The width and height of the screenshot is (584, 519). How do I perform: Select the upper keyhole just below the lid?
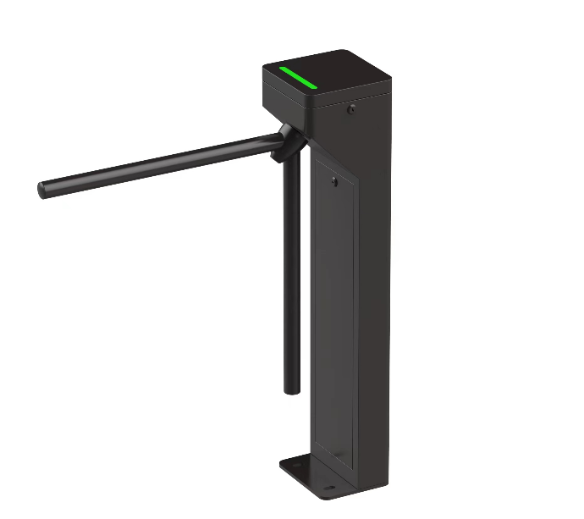[x=351, y=108]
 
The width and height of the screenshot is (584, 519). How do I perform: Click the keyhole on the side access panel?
[x=335, y=181]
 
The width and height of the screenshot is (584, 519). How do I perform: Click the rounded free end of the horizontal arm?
[x=42, y=190]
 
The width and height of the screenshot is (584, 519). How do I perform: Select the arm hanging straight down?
[x=291, y=279]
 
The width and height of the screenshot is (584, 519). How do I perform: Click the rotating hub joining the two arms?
[x=284, y=141]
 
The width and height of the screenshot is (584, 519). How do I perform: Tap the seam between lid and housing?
[x=355, y=94]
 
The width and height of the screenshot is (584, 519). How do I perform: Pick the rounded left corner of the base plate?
[x=284, y=467]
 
